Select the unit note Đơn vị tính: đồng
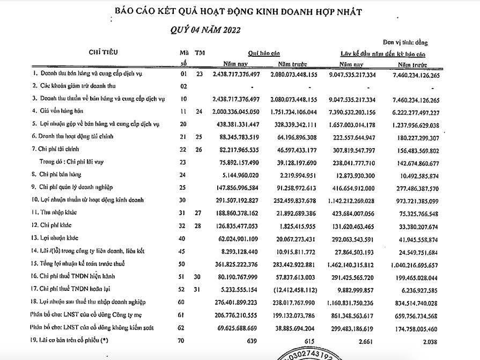405,42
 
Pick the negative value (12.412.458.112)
293,289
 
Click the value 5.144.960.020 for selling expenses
240,174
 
